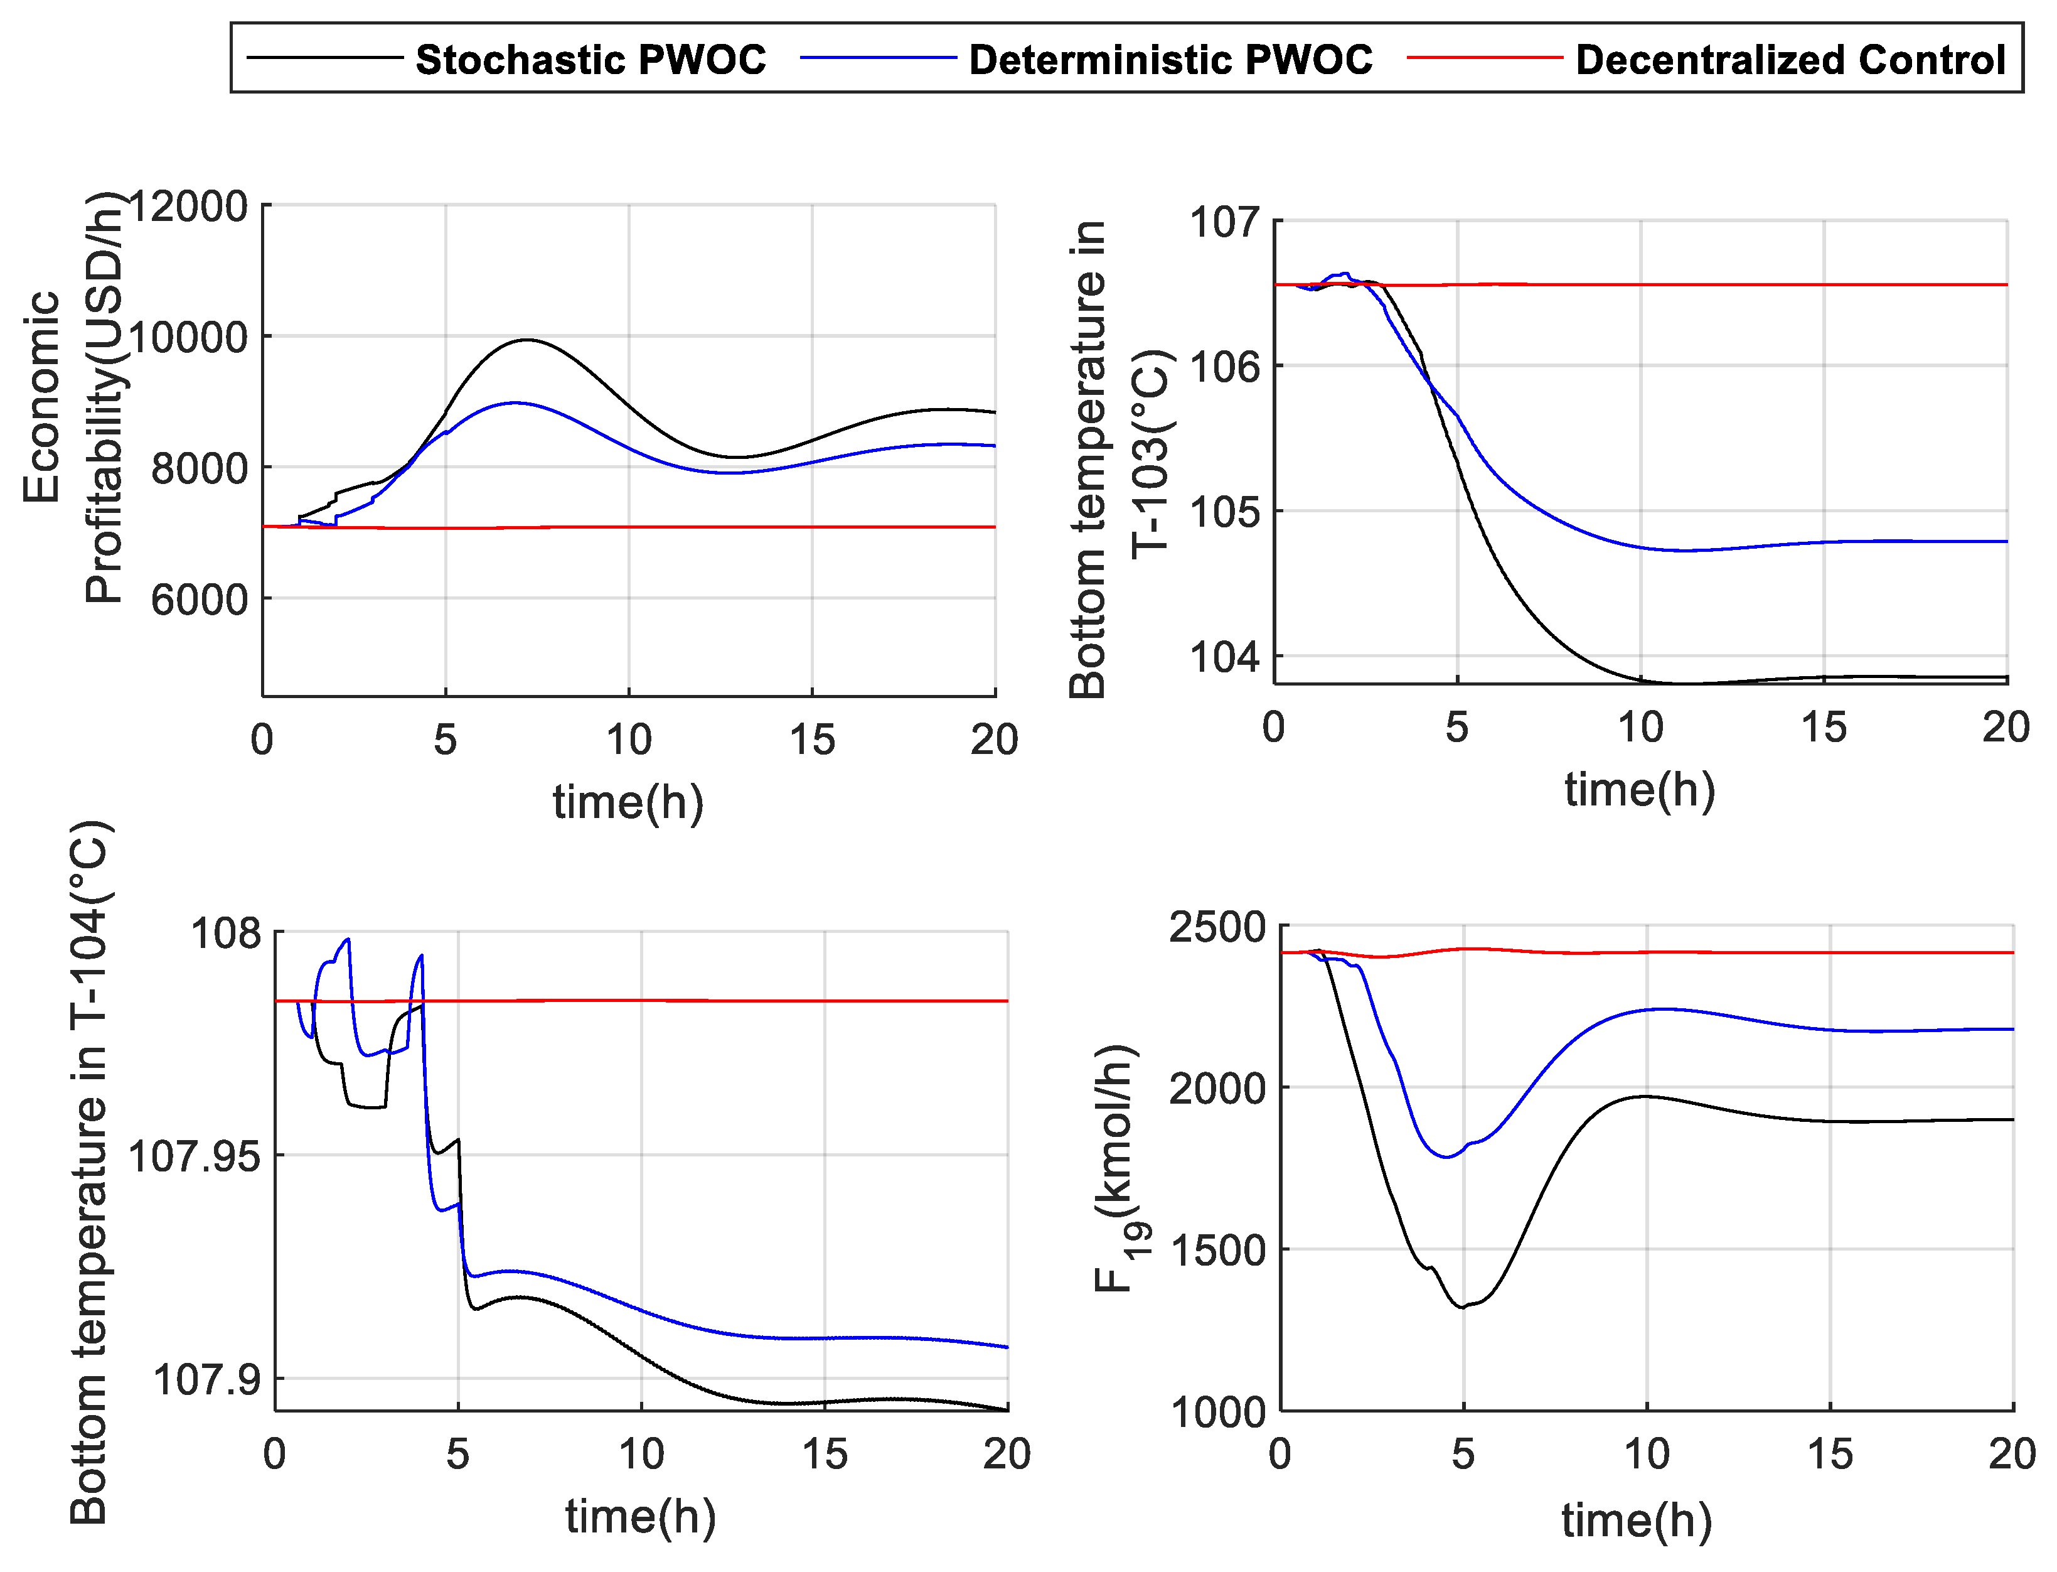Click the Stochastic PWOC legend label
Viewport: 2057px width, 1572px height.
point(590,60)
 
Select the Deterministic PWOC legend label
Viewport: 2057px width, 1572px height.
point(1170,60)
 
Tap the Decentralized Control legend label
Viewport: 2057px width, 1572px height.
point(1790,60)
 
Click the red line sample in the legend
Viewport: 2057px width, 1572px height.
point(1485,58)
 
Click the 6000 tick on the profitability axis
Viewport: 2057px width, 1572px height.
point(200,600)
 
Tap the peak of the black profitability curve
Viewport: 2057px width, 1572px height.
point(528,340)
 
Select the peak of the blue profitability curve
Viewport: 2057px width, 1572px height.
point(515,402)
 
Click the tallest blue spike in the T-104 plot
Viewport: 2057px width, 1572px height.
point(348,939)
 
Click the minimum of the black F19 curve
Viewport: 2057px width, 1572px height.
point(1462,1307)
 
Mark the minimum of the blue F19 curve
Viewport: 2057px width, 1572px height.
point(1446,1158)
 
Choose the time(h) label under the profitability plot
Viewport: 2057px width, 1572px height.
point(628,802)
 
